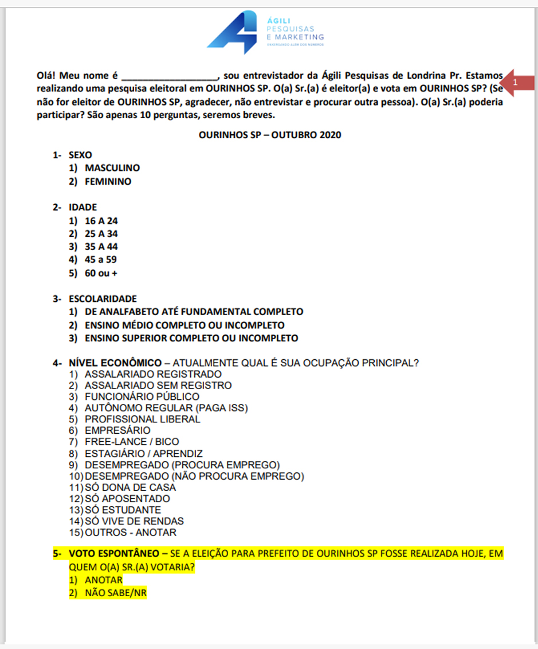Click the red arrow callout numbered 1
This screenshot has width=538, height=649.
tap(518, 83)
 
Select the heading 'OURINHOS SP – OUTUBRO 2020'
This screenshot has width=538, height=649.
tap(269, 135)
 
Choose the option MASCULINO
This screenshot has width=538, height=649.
tap(112, 168)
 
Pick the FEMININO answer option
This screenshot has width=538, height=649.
tap(108, 181)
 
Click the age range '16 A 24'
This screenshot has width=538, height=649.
tap(101, 220)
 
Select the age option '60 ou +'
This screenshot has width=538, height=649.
tap(101, 273)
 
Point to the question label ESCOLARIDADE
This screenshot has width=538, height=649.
tap(103, 298)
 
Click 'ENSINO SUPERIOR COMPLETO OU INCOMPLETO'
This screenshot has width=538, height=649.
tap(191, 338)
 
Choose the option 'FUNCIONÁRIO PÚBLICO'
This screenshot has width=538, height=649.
tap(142, 397)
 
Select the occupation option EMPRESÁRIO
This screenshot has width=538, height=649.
tap(117, 430)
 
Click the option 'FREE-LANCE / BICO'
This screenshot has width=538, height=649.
tap(132, 442)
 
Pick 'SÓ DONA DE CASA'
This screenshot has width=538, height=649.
tap(130, 487)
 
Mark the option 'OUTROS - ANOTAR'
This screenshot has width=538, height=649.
tap(131, 533)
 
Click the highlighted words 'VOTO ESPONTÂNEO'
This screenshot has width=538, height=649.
tap(115, 554)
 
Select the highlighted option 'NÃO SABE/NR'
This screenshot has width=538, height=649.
tap(116, 593)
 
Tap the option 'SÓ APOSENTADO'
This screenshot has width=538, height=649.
tap(127, 499)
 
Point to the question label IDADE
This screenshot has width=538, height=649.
tap(83, 207)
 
